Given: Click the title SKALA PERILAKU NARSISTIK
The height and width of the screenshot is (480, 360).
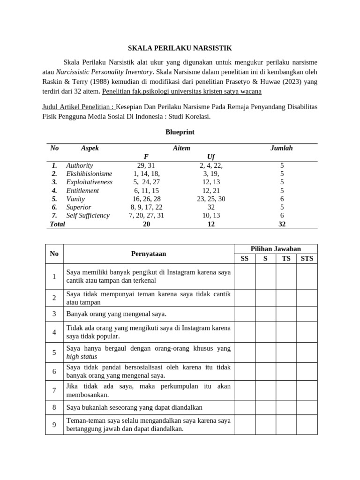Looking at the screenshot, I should pos(180,48).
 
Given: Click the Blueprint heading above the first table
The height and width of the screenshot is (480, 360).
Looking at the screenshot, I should pos(180,132).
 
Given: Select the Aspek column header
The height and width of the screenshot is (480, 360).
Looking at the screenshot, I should pos(90,148).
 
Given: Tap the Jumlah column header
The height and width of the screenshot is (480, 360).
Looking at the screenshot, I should pos(281,148).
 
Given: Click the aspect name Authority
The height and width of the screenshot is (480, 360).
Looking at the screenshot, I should pos(80,165).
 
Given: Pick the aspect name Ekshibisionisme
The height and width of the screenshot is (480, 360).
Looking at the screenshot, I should pos(89,173).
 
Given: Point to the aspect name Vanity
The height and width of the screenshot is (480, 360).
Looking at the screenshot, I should pos(75,199).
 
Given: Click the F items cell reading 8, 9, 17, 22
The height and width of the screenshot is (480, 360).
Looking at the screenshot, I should pos(146,207).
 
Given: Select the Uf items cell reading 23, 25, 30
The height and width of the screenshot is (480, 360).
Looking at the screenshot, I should pos(211,199).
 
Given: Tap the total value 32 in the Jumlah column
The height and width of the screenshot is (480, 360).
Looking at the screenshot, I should pos(281,224).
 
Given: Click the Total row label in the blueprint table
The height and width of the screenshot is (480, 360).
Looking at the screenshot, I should pos(57,224).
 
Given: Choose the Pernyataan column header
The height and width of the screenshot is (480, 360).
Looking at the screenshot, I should pos(148,254).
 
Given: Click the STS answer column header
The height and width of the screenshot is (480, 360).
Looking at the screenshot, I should pos(307,258).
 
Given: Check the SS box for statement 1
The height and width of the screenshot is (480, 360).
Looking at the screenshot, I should pos(244,277).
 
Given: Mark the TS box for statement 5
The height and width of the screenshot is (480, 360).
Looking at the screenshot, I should pos(286,352).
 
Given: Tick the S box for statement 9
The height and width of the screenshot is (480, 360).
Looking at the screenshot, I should pos(265,425).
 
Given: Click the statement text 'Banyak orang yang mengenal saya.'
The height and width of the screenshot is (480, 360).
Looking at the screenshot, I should pos(117,314).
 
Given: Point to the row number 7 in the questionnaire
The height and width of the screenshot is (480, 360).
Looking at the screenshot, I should pos(54,390).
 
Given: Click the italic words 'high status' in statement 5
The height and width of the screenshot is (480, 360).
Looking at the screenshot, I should pos(82,357).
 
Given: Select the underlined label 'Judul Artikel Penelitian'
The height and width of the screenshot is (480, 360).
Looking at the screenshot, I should pos(78,107).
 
